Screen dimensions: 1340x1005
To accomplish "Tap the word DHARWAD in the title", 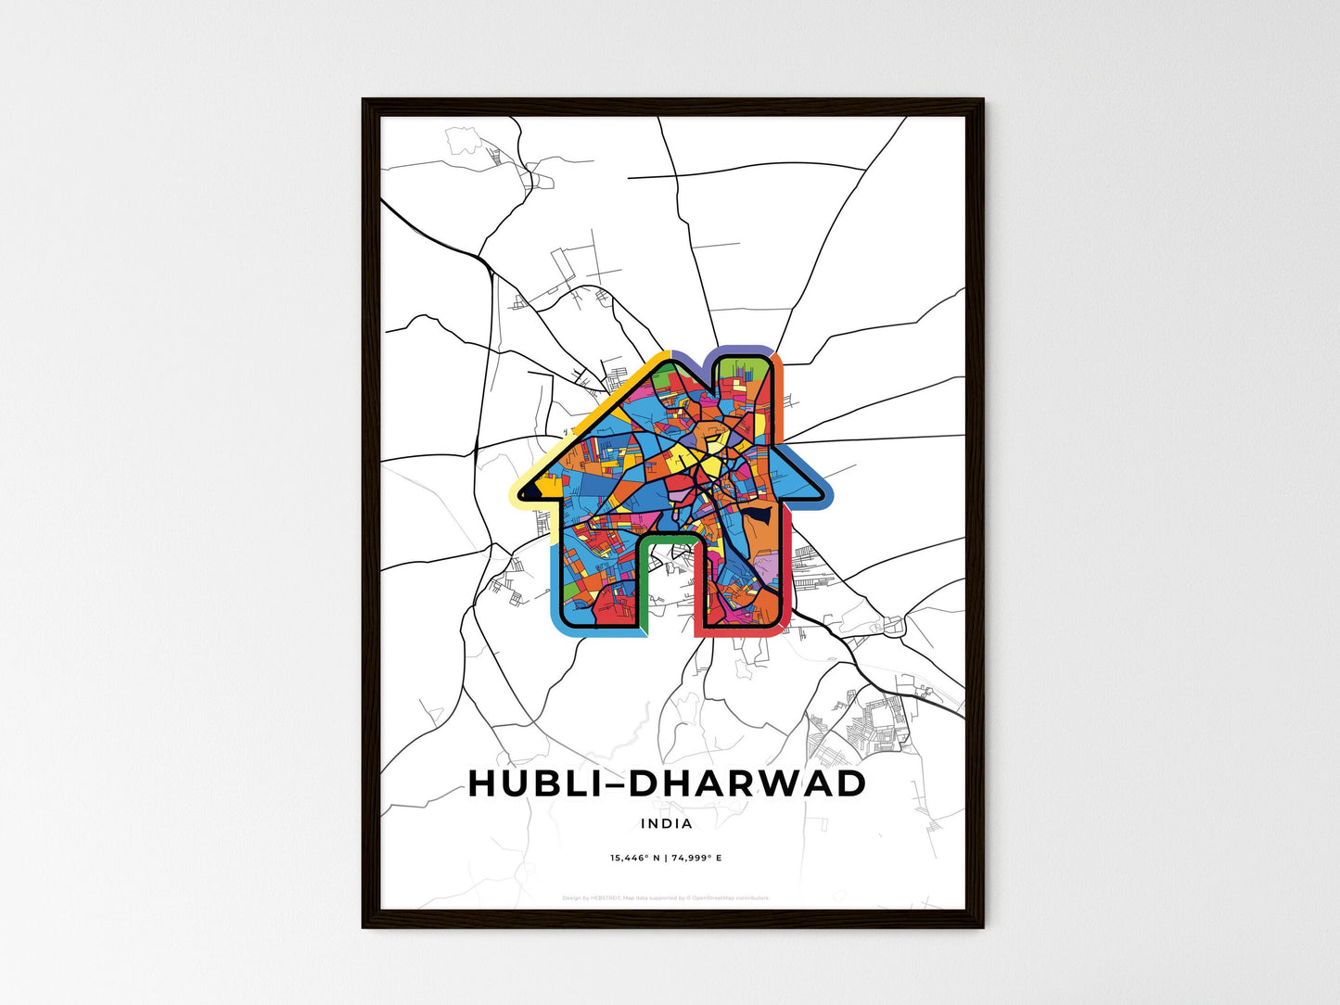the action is click(747, 783).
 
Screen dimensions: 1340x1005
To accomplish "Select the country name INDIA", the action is click(666, 823).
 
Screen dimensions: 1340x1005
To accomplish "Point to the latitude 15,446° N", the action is click(635, 859).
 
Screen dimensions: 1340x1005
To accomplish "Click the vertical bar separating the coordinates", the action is click(666, 859).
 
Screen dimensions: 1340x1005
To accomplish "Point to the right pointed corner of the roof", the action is click(824, 497).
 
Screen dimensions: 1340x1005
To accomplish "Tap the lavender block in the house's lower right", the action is click(771, 566).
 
